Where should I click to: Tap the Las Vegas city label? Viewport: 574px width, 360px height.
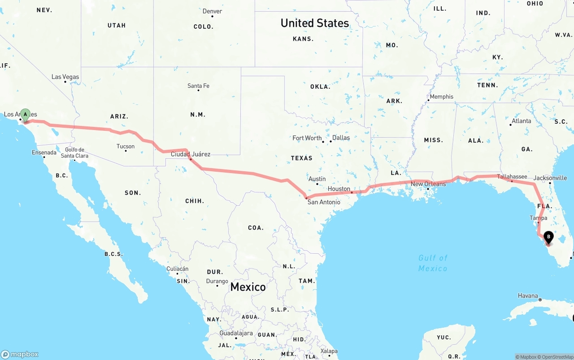click(x=65, y=77)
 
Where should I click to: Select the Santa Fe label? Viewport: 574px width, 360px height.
click(x=198, y=86)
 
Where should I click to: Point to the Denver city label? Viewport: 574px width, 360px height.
click(x=212, y=11)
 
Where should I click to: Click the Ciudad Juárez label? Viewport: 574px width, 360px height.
click(x=191, y=154)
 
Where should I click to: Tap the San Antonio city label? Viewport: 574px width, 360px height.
click(x=324, y=202)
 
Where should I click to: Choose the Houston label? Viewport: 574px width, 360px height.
click(x=339, y=189)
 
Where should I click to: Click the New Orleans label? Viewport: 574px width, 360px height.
click(x=428, y=184)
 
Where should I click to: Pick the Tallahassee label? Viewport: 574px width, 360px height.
click(x=512, y=176)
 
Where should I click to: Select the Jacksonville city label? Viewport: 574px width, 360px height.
click(x=550, y=178)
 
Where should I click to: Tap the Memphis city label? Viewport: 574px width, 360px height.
click(x=441, y=96)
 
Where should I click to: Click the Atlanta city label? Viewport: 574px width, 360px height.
click(x=521, y=121)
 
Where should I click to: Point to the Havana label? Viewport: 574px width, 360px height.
click(x=528, y=295)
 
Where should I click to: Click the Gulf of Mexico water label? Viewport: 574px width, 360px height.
click(x=433, y=263)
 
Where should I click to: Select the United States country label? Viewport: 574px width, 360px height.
click(x=315, y=23)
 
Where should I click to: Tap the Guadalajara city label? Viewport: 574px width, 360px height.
click(x=236, y=333)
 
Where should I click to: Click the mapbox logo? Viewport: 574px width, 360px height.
click(x=20, y=354)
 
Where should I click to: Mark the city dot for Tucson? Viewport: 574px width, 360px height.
click(x=126, y=151)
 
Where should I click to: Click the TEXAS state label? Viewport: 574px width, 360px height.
click(x=301, y=158)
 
